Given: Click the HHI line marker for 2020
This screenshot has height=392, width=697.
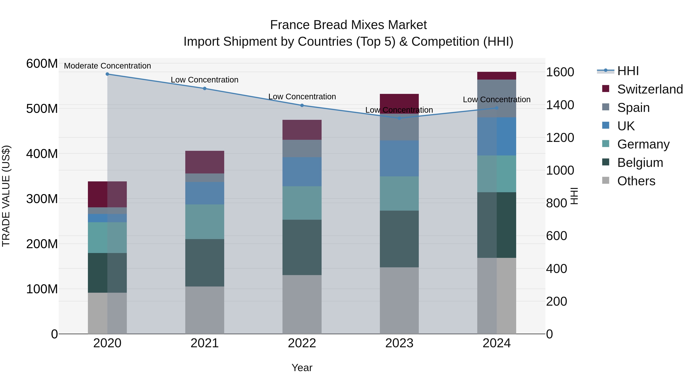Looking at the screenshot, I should tap(107, 74).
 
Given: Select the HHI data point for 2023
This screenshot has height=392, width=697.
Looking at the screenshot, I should tap(399, 118).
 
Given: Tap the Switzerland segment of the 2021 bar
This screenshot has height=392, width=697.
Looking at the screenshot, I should tap(205, 162).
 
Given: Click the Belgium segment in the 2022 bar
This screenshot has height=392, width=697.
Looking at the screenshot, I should tap(302, 247).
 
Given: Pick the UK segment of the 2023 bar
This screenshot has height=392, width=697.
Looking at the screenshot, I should tap(399, 158).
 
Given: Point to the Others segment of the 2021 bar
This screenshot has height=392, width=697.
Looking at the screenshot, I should tap(205, 310).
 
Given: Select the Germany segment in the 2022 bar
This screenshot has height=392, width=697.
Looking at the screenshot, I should tap(302, 203).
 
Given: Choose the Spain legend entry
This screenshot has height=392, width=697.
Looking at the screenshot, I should tap(633, 108).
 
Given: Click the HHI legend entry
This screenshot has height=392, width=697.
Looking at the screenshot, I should tap(628, 71).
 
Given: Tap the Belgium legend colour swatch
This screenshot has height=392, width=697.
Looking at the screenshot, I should tap(606, 162).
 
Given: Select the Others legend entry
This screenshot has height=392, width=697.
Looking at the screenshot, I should tap(636, 181).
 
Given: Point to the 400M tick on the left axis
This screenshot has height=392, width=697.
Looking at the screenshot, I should tap(42, 154).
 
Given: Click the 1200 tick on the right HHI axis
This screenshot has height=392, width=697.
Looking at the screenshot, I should tap(560, 138).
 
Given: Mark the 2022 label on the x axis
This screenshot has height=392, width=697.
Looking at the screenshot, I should tap(302, 343).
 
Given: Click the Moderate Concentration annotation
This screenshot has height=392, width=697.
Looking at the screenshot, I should tap(107, 66).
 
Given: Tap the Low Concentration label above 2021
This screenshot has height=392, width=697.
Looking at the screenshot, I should tap(205, 80).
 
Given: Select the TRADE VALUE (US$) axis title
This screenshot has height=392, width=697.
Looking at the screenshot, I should tap(6, 196).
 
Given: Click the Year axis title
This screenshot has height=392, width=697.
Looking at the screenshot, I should tap(302, 368).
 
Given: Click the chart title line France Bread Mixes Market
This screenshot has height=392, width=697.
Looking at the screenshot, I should tap(348, 25).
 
